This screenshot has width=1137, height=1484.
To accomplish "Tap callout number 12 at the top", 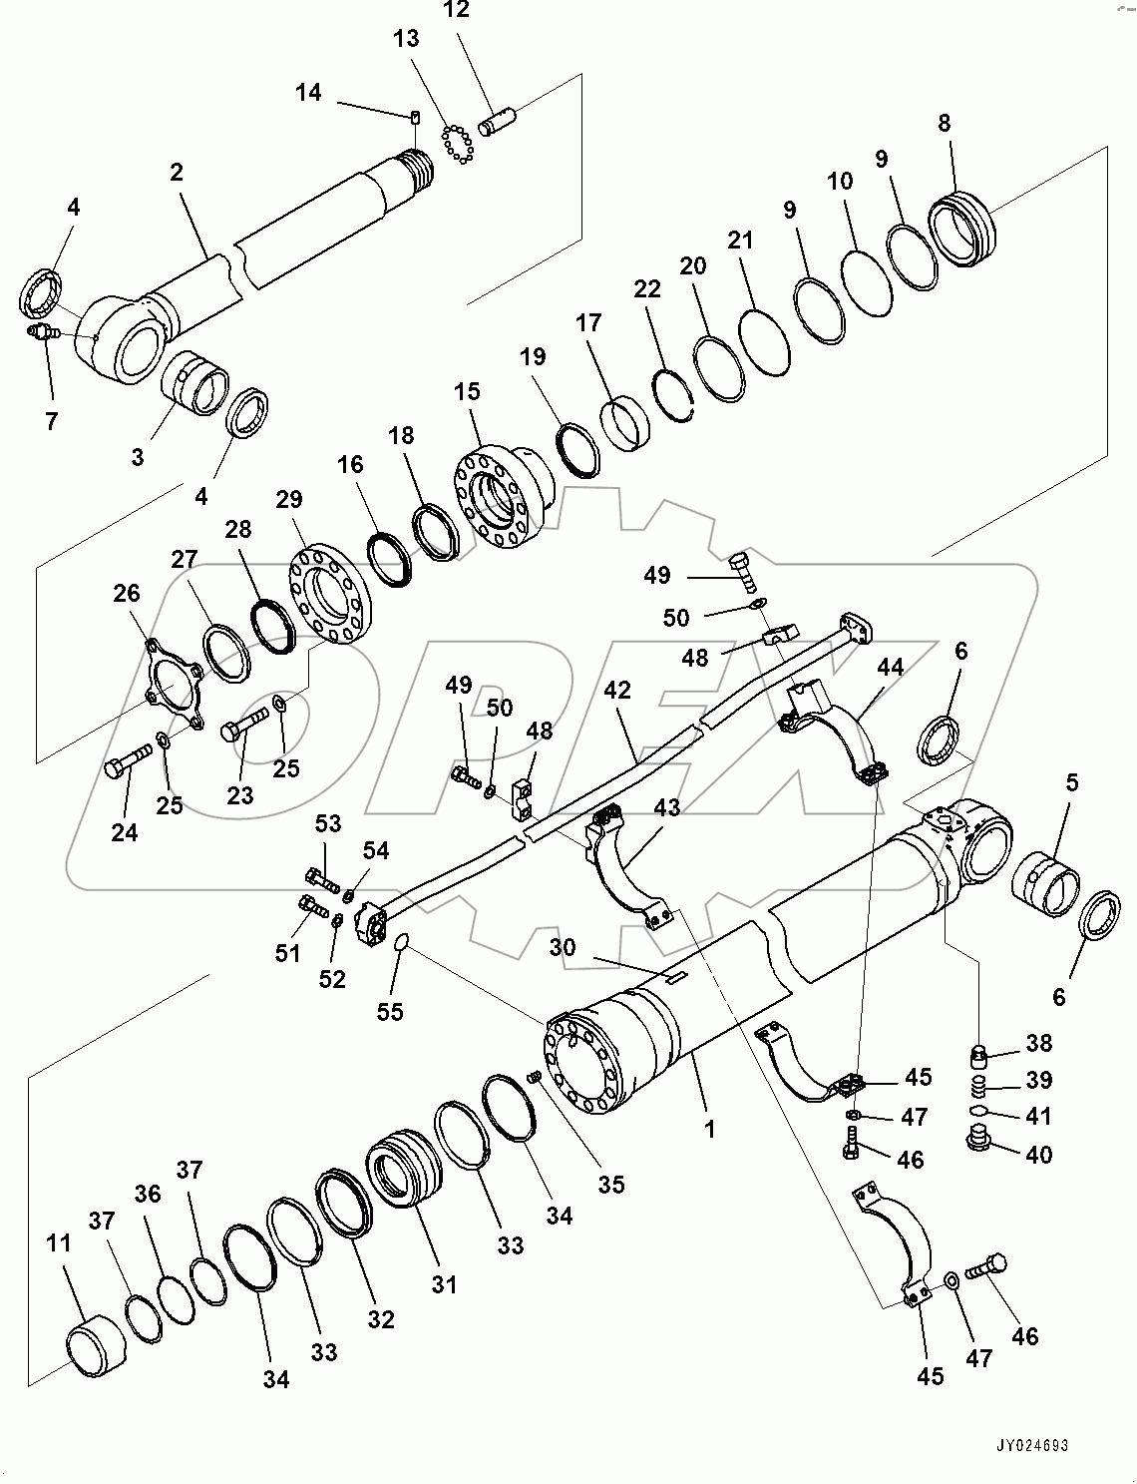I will [x=457, y=11].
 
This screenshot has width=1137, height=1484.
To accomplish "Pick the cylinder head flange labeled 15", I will [x=499, y=492].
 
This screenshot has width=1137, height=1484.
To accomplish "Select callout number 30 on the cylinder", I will [x=563, y=946].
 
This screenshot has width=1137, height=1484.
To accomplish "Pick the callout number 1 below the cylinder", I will [x=709, y=1129].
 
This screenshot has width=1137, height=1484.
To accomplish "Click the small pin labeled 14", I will [x=414, y=116].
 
